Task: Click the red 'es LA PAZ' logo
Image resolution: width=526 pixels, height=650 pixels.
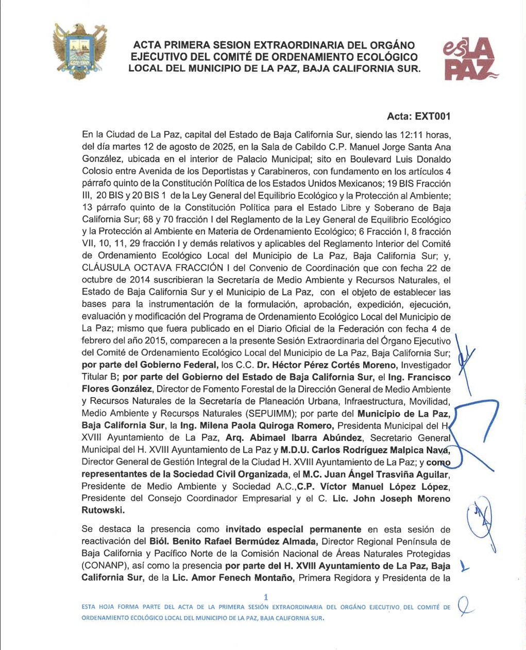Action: (469, 60)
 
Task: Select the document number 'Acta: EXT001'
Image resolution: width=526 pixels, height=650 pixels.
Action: (418, 116)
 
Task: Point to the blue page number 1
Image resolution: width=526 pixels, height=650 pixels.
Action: (266, 597)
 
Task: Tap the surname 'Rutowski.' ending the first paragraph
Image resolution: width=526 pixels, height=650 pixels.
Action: (103, 510)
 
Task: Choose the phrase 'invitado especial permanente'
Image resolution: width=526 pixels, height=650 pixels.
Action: (293, 529)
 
